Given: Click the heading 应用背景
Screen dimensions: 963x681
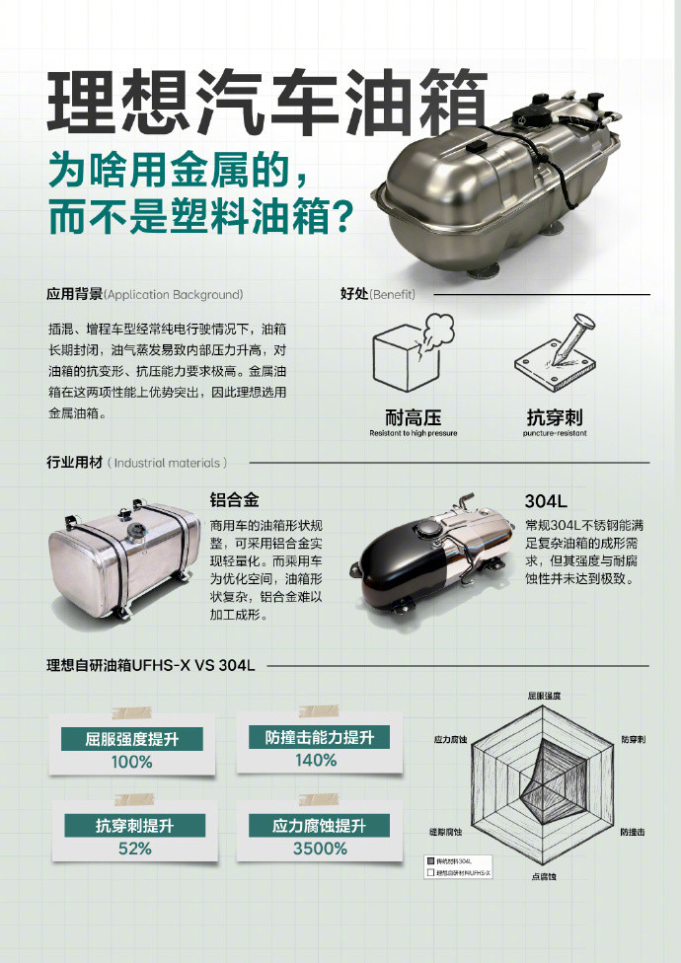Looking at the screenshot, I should coord(74,294).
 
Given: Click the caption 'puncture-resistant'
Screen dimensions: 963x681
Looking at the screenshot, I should coord(555,433).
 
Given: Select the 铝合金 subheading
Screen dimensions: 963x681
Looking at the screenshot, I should coord(234,498).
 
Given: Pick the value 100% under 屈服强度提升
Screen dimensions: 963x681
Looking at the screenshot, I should coord(131,762).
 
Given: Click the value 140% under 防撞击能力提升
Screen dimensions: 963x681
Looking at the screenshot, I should coord(315,760).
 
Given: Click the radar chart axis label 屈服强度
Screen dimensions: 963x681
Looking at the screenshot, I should coord(544,696).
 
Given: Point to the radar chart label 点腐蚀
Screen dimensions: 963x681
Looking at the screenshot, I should coord(544,877).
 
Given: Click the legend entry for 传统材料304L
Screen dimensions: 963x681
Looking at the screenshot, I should coord(460,861).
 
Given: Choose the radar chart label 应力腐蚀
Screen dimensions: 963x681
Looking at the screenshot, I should coord(449,738).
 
